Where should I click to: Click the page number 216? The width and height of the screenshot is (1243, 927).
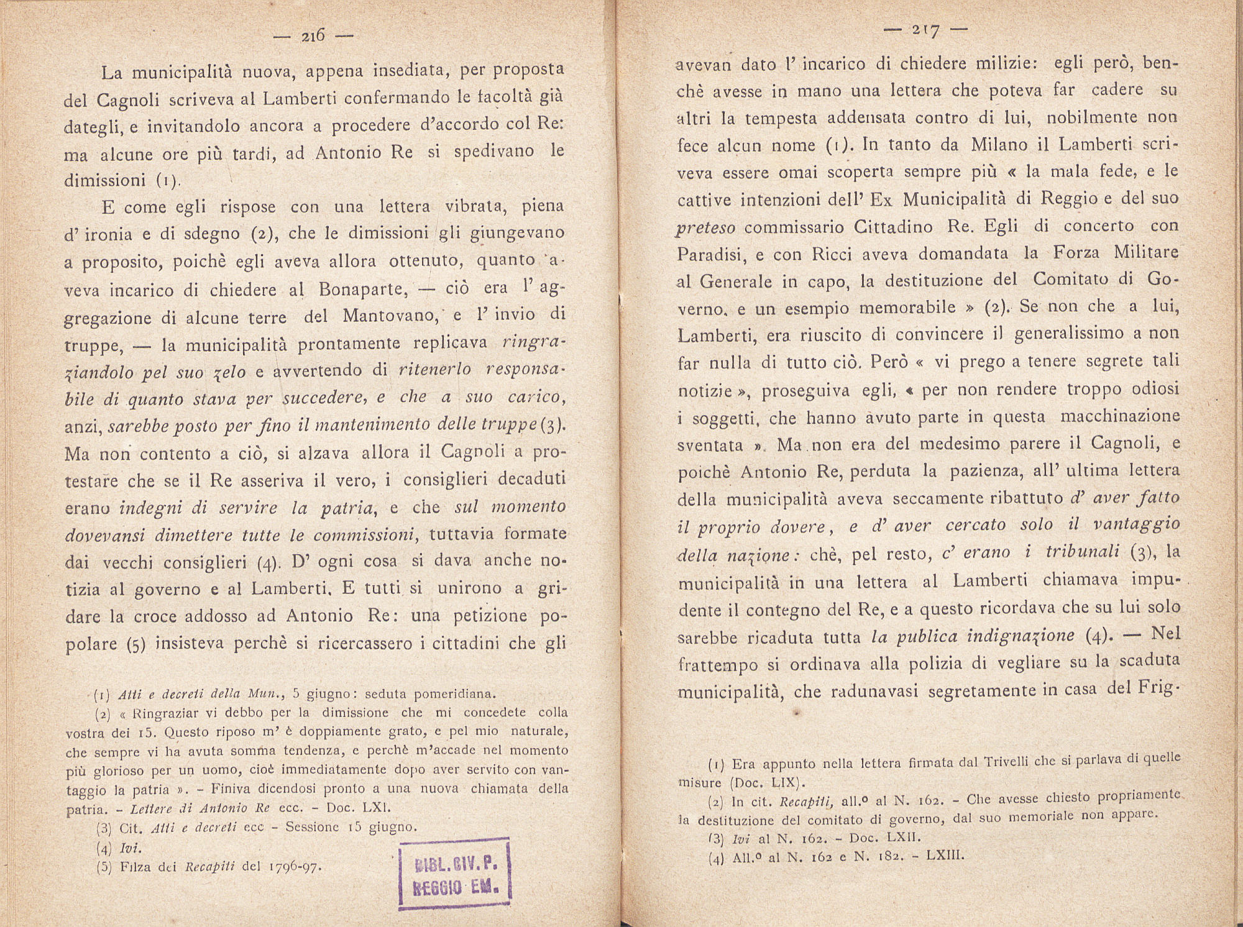(x=313, y=37)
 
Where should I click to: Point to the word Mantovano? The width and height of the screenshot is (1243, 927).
(x=388, y=316)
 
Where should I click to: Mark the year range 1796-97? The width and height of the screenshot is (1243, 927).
(x=293, y=867)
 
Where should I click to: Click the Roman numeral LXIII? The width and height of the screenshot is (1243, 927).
(x=945, y=856)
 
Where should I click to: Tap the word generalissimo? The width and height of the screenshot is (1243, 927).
(x=1068, y=334)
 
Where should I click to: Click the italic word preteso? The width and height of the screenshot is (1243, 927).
(x=705, y=227)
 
